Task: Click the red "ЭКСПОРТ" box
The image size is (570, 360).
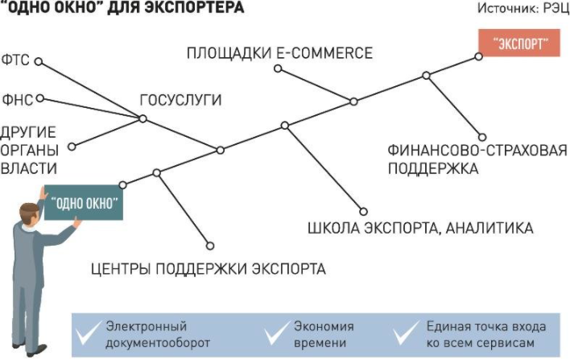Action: (518, 43)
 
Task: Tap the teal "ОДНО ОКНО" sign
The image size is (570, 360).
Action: (85, 203)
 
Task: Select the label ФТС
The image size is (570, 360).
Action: (16, 60)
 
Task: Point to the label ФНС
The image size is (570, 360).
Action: (16, 99)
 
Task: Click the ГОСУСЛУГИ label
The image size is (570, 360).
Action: (180, 101)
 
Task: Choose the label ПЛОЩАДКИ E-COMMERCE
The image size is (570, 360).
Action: (279, 53)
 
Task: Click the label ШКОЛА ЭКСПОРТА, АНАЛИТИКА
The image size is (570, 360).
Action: (420, 228)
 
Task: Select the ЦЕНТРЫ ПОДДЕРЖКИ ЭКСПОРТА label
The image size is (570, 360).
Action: (208, 268)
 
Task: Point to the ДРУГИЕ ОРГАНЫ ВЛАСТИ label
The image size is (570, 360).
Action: (29, 149)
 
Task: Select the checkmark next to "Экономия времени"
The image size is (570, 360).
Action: (275, 333)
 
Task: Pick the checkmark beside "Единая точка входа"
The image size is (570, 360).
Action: (407, 333)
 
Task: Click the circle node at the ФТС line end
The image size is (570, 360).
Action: (38, 60)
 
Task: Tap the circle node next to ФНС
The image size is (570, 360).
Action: (39, 99)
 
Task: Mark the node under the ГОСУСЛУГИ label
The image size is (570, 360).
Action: (142, 119)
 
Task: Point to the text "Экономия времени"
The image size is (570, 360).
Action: (323, 334)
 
